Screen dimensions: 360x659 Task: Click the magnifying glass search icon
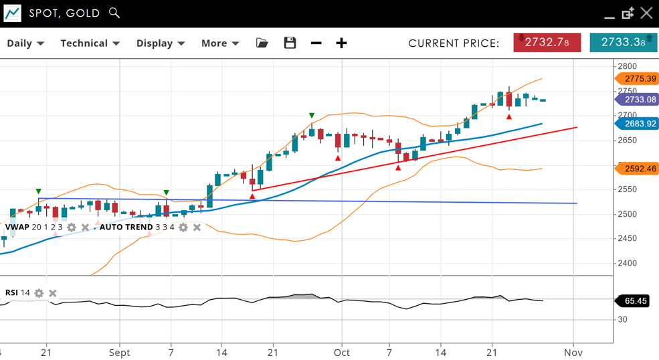coord(114,13)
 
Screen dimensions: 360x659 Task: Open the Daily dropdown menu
coord(25,43)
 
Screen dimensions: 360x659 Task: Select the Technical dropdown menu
coord(90,43)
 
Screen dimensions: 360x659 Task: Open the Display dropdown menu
coord(160,43)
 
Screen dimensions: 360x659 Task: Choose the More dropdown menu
coord(220,43)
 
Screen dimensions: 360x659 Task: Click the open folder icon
coord(262,43)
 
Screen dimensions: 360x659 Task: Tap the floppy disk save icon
coord(290,43)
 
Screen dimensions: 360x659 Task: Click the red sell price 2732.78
coord(547,42)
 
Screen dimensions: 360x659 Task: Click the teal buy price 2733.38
coord(623,42)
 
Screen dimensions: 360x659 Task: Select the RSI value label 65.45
coord(634,301)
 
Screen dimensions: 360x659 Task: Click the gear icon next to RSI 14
coord(39,293)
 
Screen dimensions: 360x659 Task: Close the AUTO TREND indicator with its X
coord(197,228)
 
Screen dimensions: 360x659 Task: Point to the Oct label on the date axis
coord(342,353)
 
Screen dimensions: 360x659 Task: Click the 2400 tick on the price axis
coord(627,263)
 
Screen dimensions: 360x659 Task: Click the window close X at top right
coord(646,13)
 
